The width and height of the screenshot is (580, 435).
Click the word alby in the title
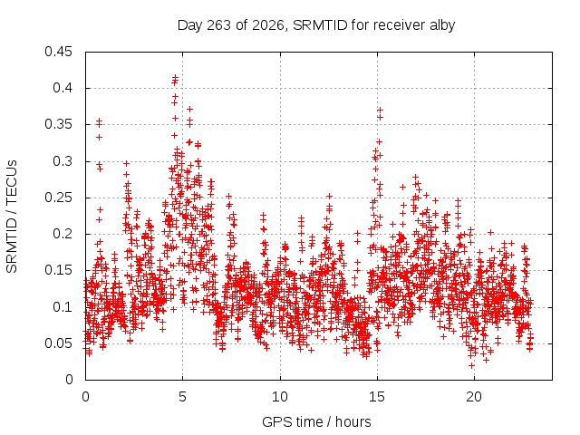(x=442, y=25)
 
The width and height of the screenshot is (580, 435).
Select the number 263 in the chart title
(x=219, y=25)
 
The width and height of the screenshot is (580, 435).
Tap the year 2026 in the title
(x=268, y=25)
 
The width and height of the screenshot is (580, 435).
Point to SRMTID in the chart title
(x=320, y=25)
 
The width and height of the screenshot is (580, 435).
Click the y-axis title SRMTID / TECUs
(x=12, y=217)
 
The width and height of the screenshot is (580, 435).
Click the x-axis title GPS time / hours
(x=316, y=421)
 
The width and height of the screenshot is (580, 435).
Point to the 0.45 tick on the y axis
(x=58, y=52)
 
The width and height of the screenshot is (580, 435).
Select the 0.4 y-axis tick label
(x=63, y=88)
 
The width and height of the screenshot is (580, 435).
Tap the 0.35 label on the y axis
(x=58, y=124)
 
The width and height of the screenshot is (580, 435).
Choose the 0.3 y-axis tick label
(x=63, y=161)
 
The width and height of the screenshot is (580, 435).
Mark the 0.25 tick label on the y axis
(x=58, y=198)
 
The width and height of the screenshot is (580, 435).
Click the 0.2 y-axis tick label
(x=63, y=234)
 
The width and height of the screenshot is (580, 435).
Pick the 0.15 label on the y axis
(x=58, y=270)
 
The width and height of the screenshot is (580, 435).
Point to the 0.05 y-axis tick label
(x=58, y=343)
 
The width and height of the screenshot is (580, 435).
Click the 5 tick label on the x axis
(x=183, y=397)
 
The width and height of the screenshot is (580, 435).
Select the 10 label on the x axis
(x=280, y=397)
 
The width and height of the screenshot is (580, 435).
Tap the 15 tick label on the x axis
(x=377, y=397)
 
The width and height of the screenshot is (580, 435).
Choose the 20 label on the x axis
(x=474, y=397)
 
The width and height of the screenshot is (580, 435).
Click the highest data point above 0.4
(x=175, y=77)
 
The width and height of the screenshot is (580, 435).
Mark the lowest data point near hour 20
(x=471, y=365)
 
